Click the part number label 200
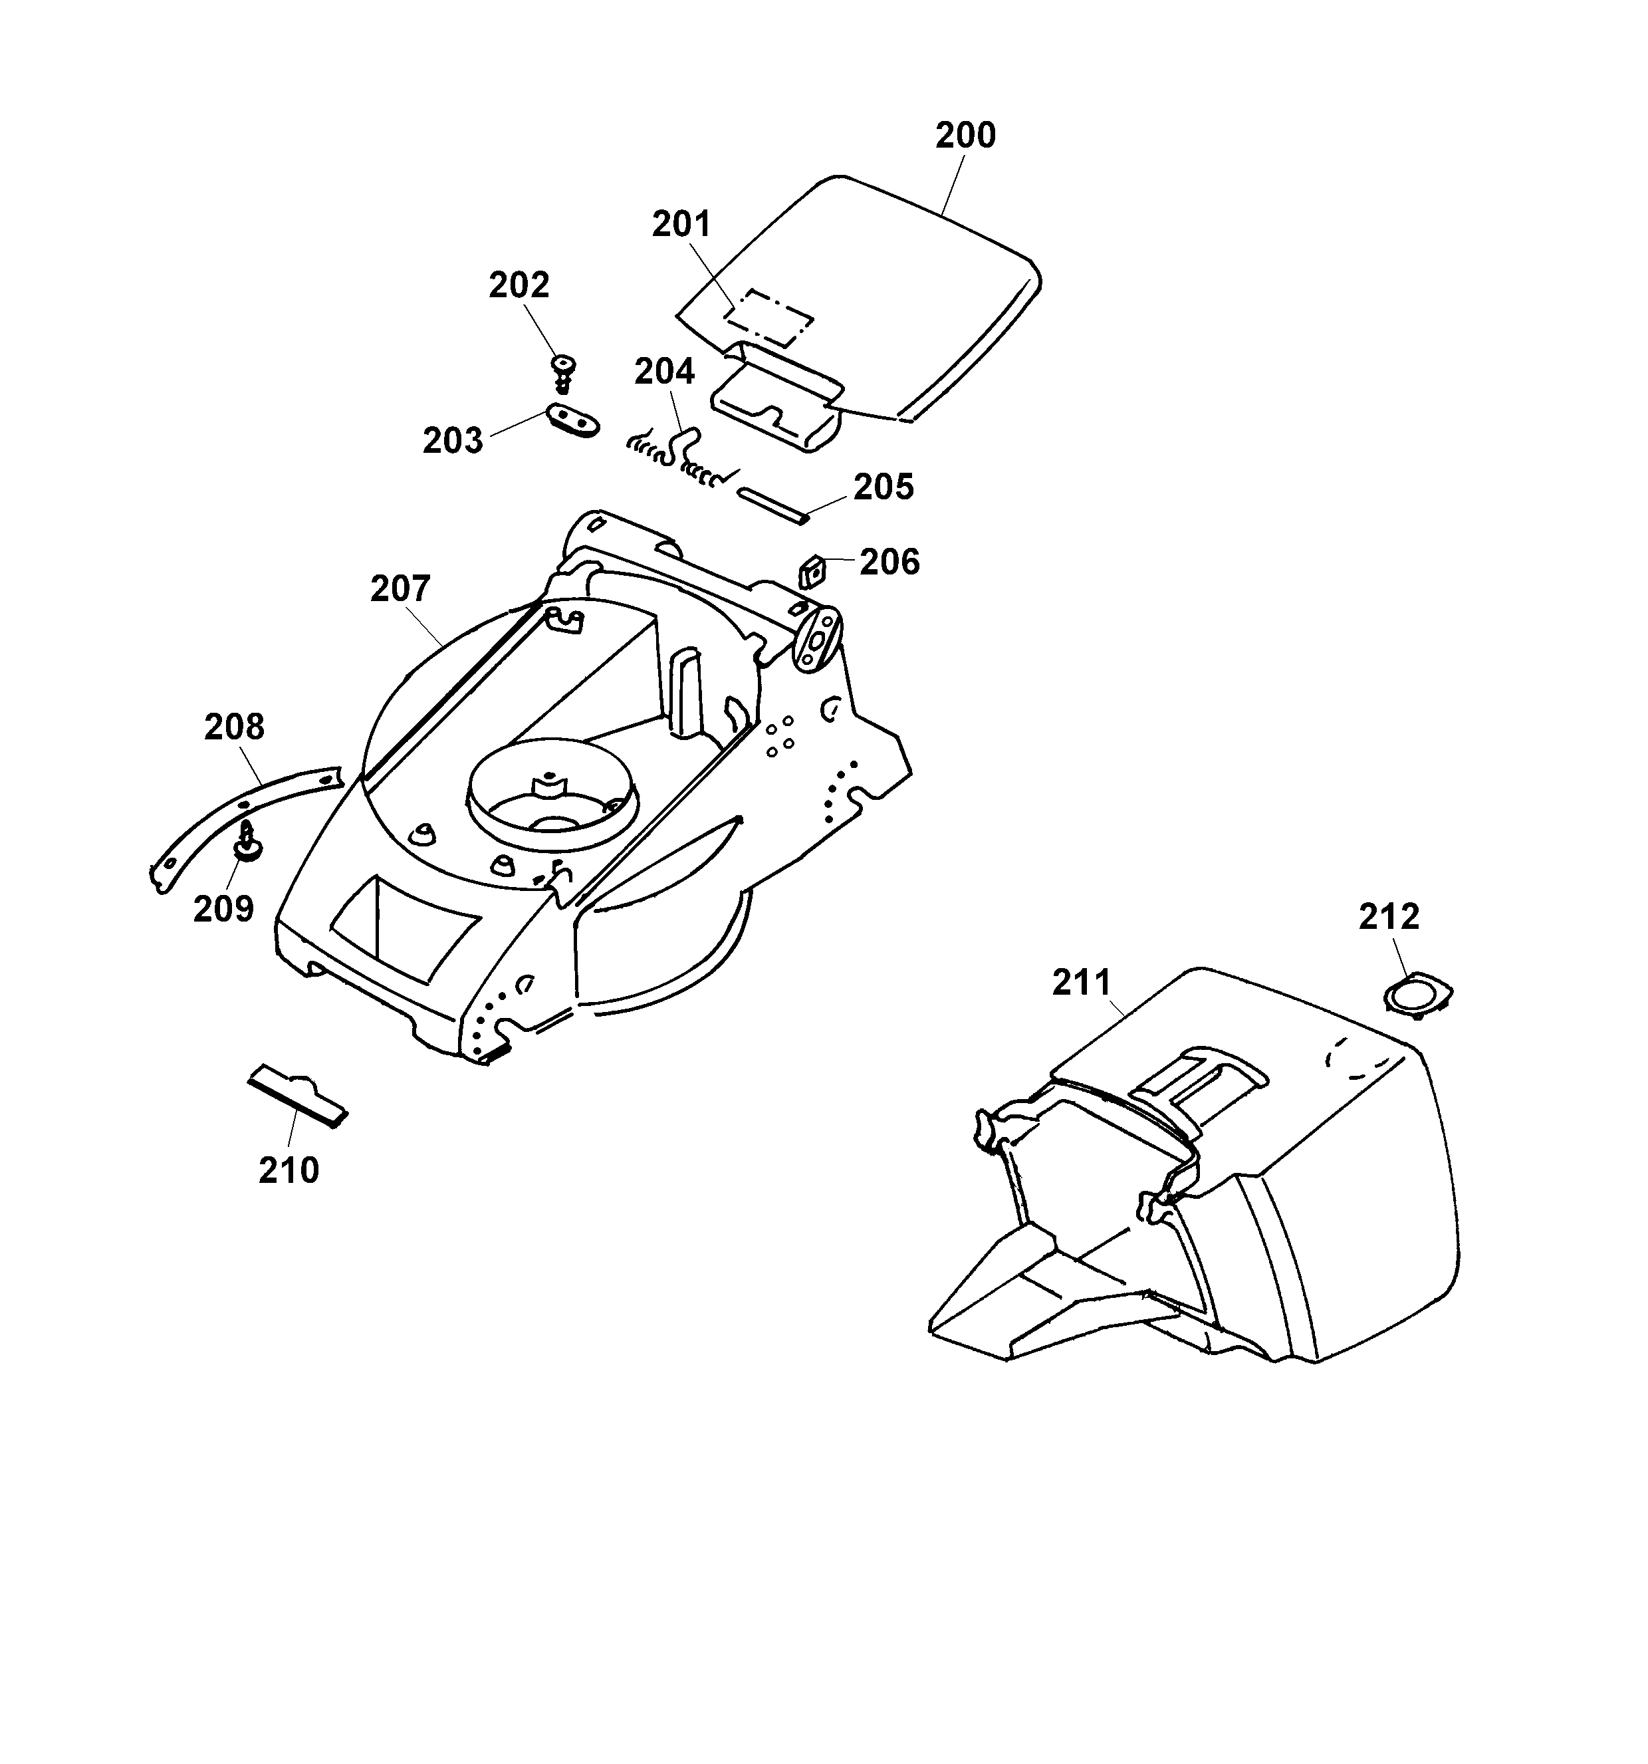tap(965, 136)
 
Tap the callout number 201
tap(681, 225)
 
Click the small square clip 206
tap(812, 571)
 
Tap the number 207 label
tap(400, 588)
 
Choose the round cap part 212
tap(1418, 993)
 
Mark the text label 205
tap(883, 487)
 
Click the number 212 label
tap(1389, 917)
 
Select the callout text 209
tap(223, 909)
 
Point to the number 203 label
tap(452, 440)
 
